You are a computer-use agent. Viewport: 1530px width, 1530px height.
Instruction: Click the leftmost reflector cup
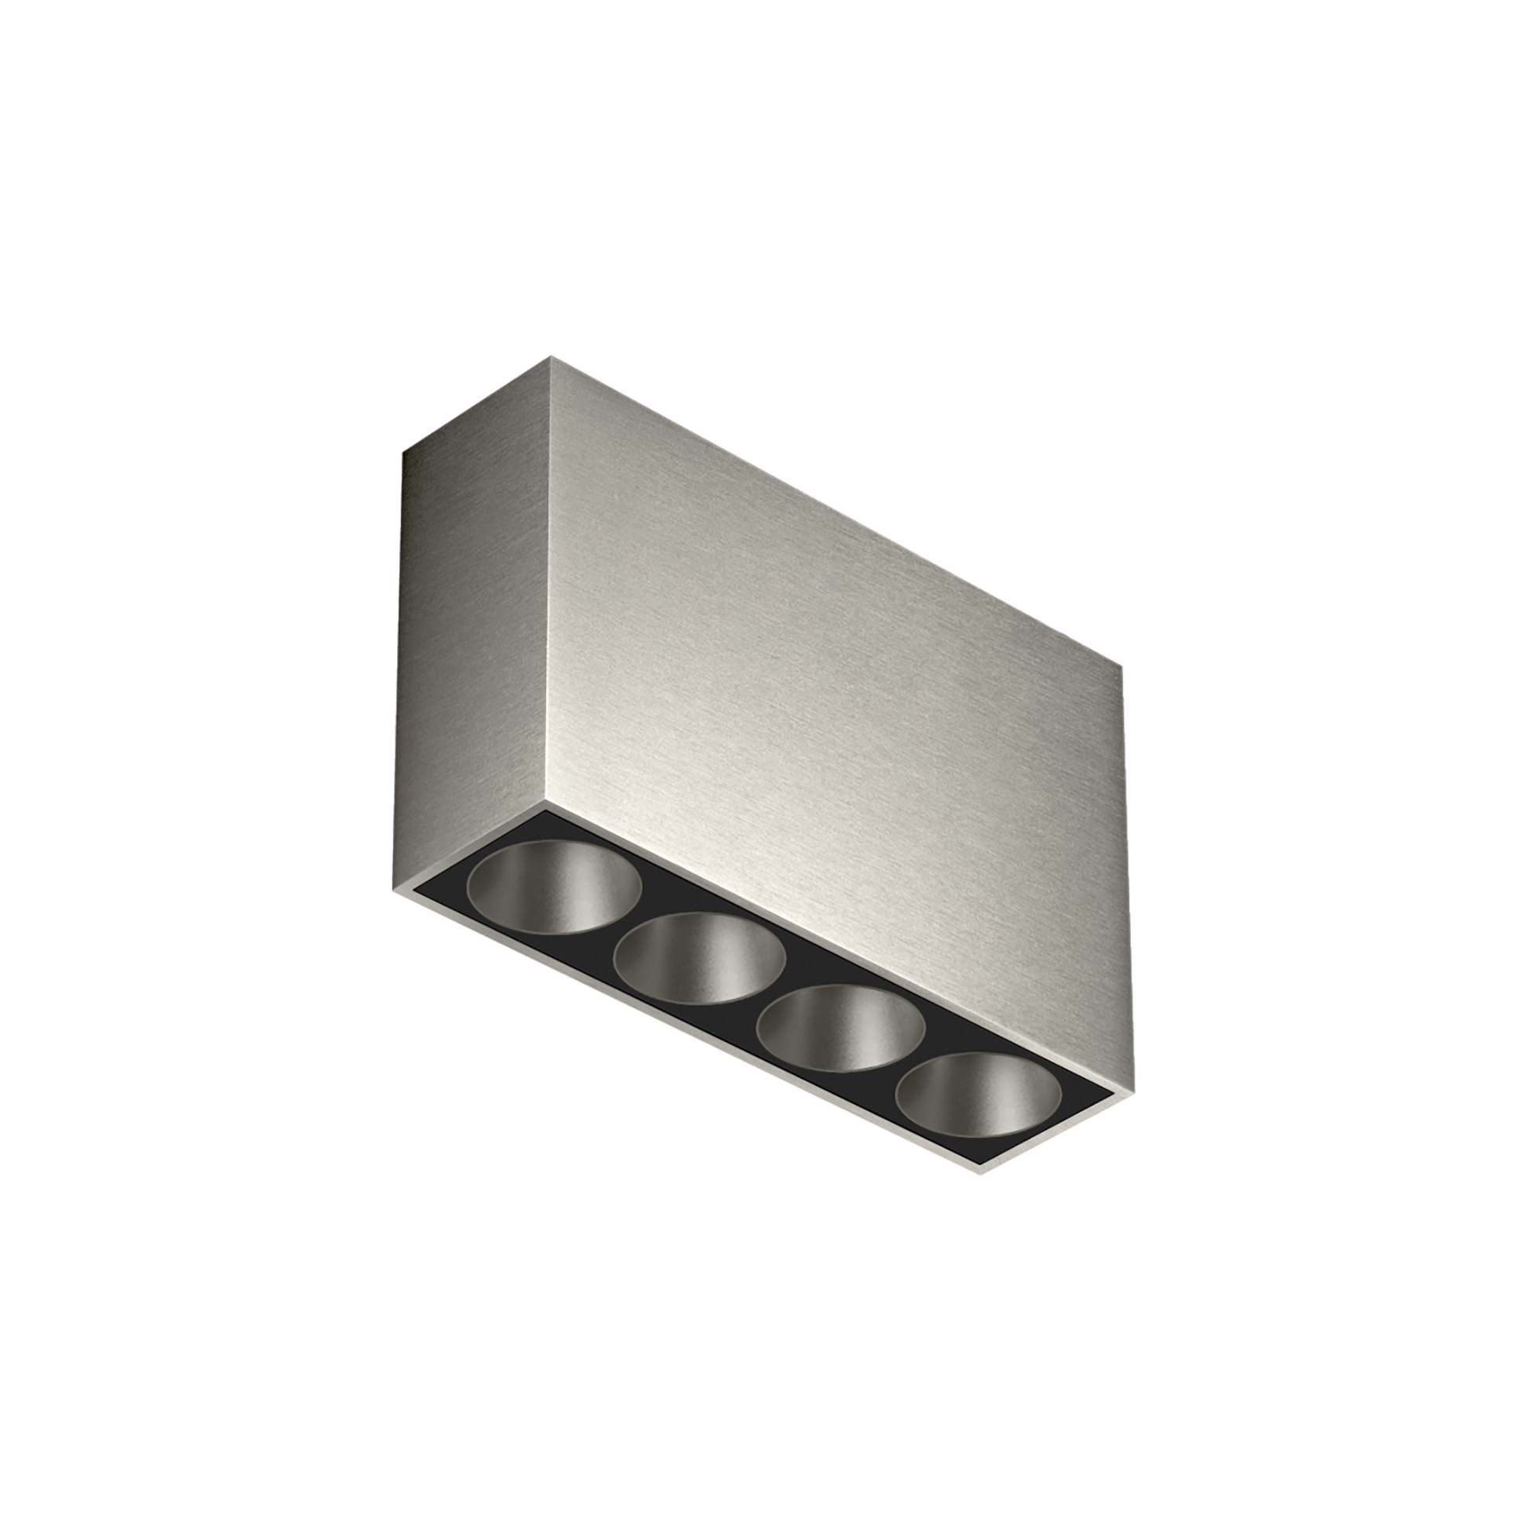[x=555, y=884]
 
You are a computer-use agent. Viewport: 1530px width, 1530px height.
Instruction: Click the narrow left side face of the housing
[x=475, y=633]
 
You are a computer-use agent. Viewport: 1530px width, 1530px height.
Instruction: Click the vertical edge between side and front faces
[x=548, y=586]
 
